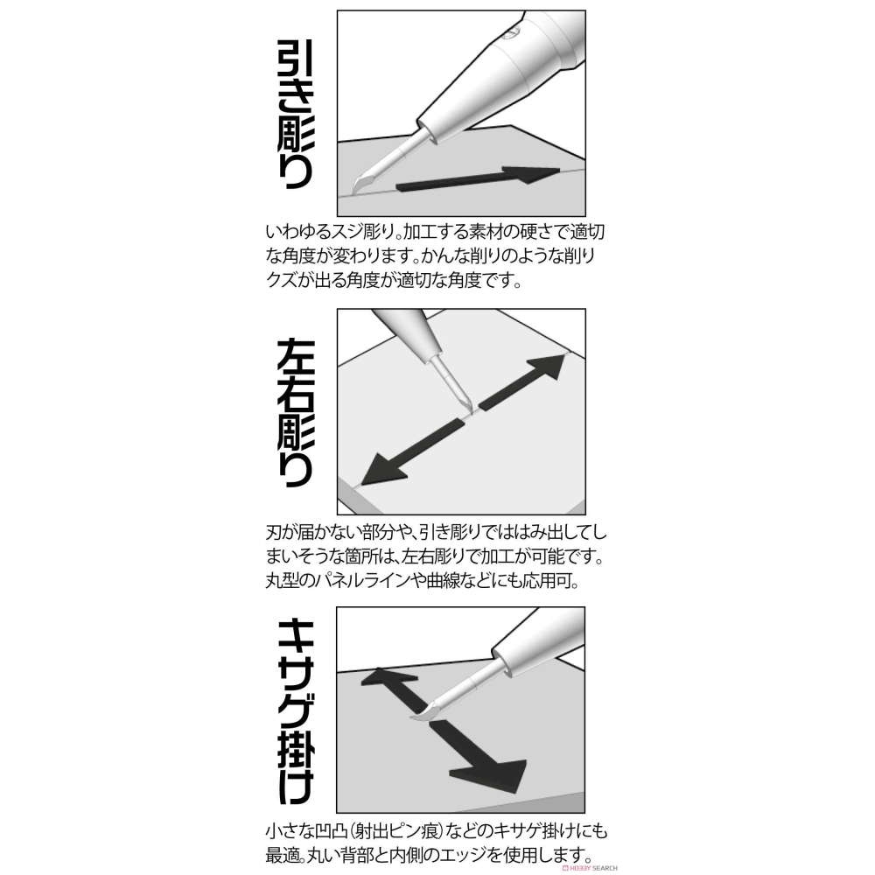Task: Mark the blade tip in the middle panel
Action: pos(469,408)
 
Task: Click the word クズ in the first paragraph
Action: pos(280,282)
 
